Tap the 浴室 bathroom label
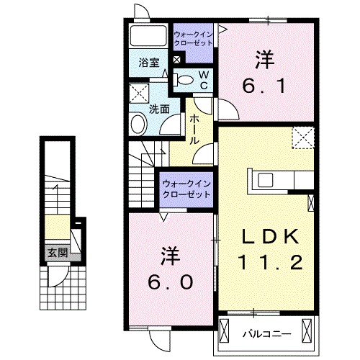click(149, 63)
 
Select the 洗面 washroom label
click(159, 109)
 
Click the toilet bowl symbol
click(184, 80)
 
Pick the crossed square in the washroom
click(137, 92)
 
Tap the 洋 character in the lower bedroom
click(170, 256)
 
